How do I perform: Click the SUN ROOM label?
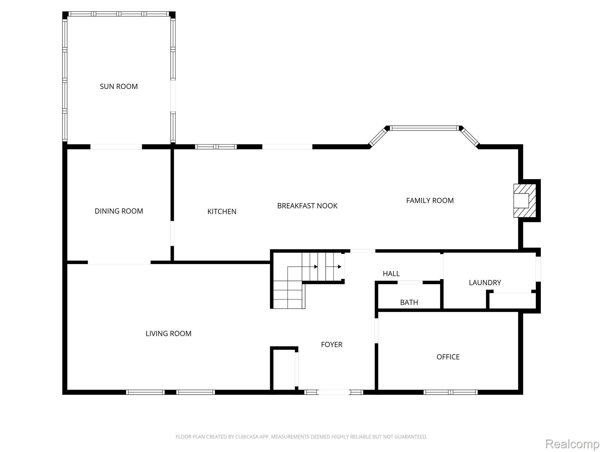119,87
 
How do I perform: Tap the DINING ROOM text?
119,211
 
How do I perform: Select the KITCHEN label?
222,212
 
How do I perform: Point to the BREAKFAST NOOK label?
307,206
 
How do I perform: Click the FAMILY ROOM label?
430,201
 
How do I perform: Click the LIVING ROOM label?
168,333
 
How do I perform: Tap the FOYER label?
332,345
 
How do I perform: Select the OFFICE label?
448,357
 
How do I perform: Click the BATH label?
409,303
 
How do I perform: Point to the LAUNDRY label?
485,283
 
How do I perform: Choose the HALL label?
391,274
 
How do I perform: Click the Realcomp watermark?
572,444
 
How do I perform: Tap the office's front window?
450,392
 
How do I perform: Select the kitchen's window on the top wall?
216,147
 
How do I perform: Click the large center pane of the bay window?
424,128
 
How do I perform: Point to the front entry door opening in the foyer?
334,392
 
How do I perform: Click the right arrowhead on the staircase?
339,267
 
